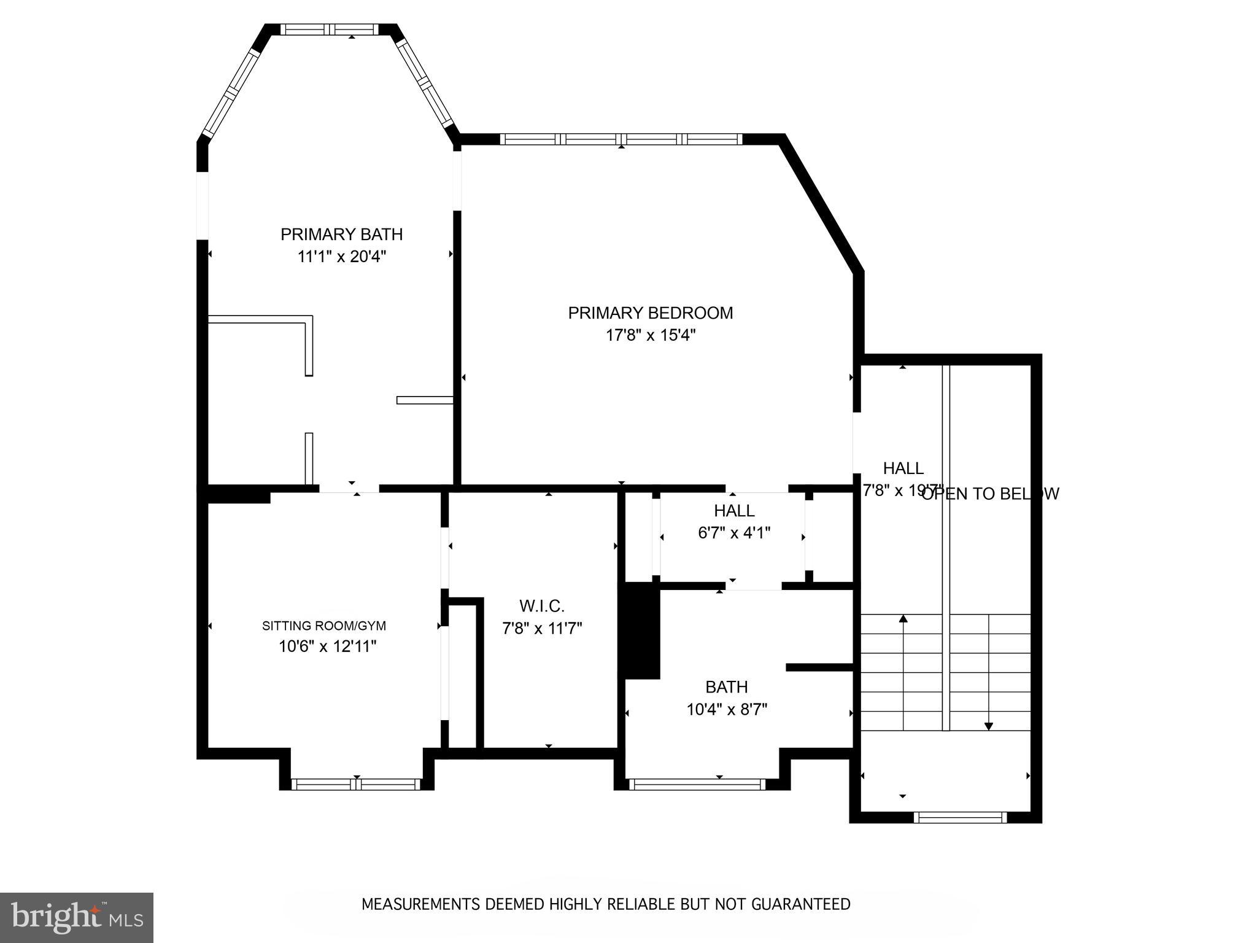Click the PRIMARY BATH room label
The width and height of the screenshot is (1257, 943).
point(341,235)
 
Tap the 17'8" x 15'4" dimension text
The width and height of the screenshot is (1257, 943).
point(651,335)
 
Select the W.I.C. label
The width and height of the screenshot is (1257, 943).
point(541,606)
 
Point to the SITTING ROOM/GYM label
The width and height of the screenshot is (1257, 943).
point(324,626)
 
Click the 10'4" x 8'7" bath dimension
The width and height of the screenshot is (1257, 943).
point(727,710)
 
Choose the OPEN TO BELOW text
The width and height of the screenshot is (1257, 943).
point(991,494)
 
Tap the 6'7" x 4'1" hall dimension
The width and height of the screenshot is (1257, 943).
point(734,533)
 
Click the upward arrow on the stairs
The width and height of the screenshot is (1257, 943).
point(903,620)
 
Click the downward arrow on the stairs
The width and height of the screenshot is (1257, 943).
point(988,724)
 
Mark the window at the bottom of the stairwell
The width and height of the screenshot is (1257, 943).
point(959,817)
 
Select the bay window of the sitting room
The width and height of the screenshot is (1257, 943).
point(356,784)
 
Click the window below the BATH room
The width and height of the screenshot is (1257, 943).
point(697,784)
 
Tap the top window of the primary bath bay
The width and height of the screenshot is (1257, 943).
point(330,29)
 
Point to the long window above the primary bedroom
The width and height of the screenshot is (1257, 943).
point(621,139)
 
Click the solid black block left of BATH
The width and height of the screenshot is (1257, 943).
point(641,631)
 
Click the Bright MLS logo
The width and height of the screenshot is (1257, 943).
point(76,917)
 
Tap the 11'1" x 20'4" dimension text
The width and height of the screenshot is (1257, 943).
point(341,257)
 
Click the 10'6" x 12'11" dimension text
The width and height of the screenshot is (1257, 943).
point(327,646)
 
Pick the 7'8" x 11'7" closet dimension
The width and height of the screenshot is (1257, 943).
point(541,628)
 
